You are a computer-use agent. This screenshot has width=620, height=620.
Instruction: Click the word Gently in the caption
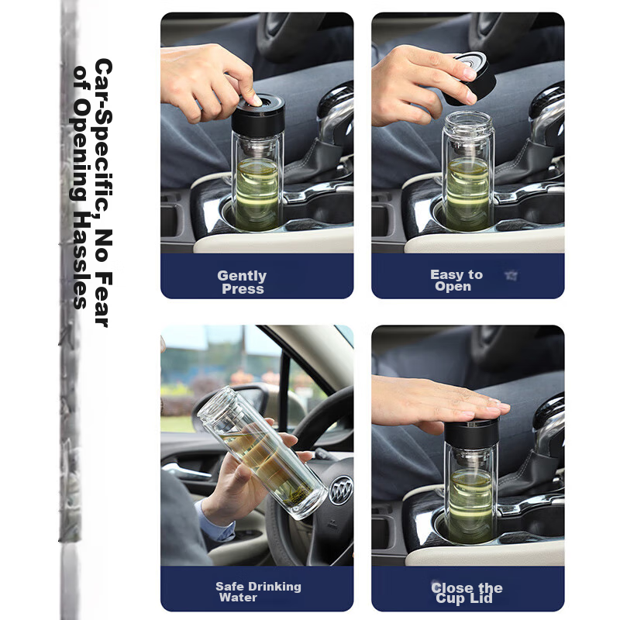[x=242, y=276]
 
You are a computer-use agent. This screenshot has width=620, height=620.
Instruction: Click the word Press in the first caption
[x=243, y=289]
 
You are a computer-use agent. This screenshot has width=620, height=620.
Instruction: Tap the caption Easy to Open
[x=456, y=281]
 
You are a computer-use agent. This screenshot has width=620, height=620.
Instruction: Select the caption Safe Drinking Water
[x=257, y=592]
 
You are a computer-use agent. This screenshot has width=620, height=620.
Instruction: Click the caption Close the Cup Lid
[x=467, y=593]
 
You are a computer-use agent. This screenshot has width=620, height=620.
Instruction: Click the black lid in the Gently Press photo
[x=257, y=112]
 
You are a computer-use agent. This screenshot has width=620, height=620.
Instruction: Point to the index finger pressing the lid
[x=246, y=91]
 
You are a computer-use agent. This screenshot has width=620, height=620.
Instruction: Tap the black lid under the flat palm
[x=470, y=431]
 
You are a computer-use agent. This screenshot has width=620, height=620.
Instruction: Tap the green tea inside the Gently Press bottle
[x=257, y=194]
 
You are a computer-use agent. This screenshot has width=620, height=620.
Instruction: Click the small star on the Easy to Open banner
[x=510, y=275]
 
